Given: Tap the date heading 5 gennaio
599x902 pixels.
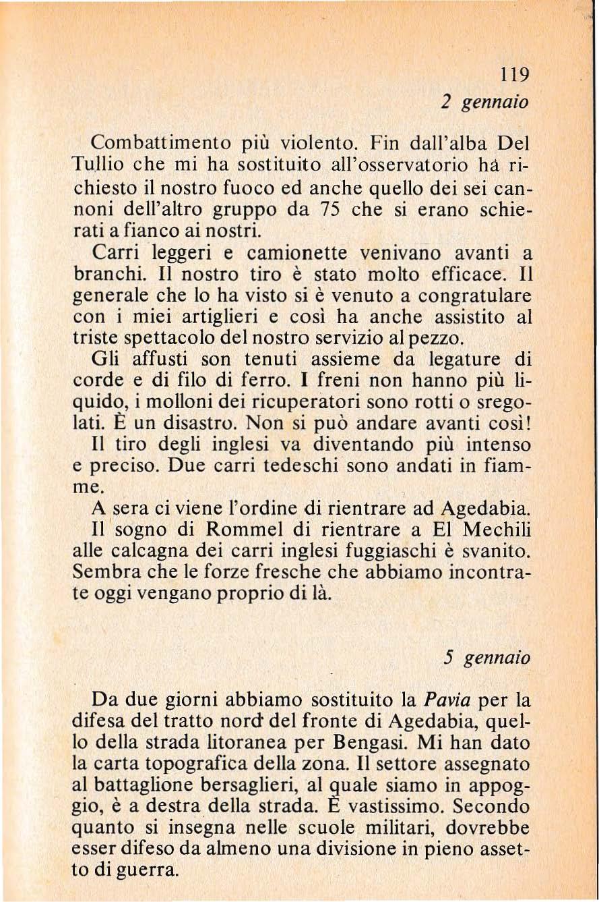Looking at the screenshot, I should point(484,656).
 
